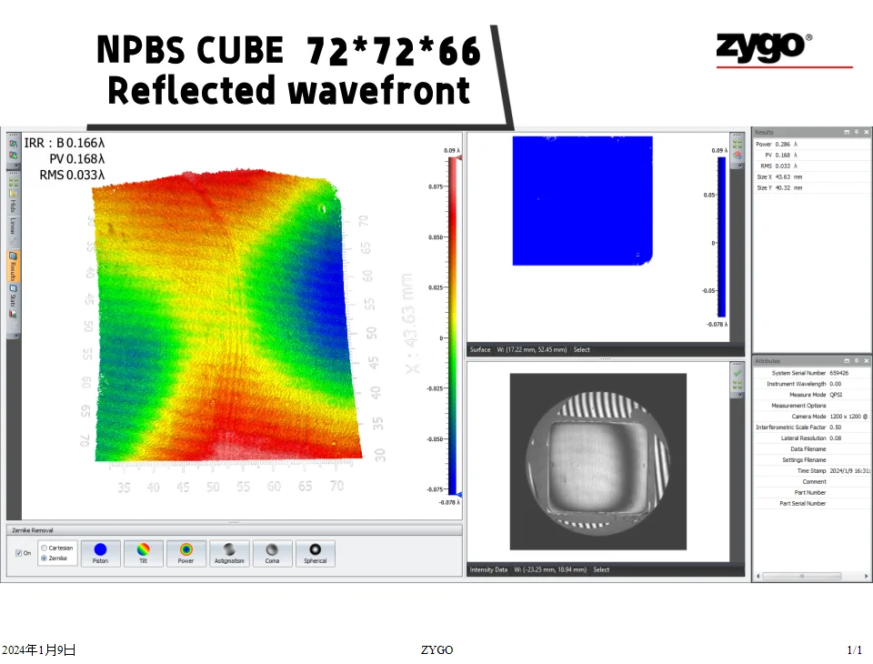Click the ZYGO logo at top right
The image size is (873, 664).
point(764,46)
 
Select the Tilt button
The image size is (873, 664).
point(143,553)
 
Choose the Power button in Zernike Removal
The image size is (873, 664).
point(186,553)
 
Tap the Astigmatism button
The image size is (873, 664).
point(228,553)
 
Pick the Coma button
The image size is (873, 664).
point(271,553)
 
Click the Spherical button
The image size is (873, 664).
point(315,553)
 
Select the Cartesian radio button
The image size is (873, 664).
point(45,548)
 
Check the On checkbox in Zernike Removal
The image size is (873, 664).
point(18,553)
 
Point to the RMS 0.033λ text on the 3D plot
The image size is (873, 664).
point(72,176)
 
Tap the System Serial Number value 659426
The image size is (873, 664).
point(838,373)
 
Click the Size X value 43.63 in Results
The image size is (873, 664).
point(781,176)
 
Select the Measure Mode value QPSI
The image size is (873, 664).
point(836,395)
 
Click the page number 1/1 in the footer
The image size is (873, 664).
point(854,650)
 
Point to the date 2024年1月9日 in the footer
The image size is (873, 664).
point(38,650)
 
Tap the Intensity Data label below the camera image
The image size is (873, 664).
point(488,570)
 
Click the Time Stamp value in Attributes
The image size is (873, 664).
point(849,471)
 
